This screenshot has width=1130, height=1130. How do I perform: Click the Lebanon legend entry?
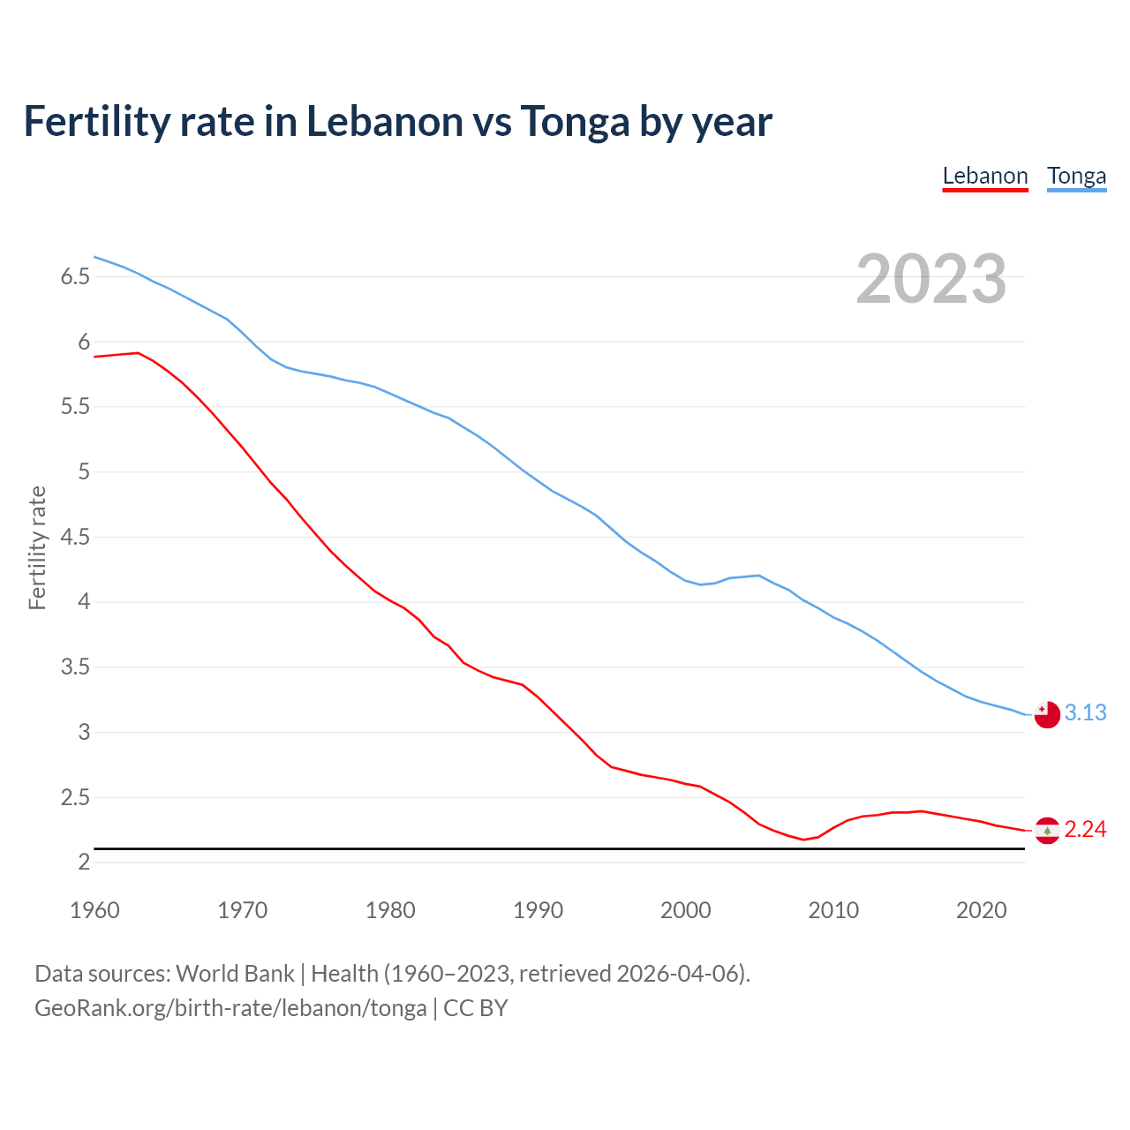985,176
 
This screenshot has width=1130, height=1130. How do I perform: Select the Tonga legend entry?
1076,176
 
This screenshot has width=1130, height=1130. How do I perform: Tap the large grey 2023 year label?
931,279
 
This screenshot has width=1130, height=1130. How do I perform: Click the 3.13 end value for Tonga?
1085,712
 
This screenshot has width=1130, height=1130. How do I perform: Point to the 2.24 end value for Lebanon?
1085,829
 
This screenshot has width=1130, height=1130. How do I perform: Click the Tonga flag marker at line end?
1047,714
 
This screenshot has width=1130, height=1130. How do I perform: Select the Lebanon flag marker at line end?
1047,830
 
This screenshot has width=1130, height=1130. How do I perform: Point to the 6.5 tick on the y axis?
75,277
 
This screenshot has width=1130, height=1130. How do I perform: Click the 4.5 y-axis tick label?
75,537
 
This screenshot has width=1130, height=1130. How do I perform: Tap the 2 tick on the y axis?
85,863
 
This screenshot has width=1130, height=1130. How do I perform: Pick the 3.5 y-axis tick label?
75,667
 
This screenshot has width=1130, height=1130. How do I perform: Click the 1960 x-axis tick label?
94,910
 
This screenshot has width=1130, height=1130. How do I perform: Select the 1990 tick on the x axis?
538,910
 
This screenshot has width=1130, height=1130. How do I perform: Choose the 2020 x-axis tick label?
981,910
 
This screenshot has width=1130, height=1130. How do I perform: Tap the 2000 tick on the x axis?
685,910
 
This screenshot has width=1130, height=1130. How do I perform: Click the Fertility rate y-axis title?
37,547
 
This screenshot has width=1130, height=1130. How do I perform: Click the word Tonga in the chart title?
575,122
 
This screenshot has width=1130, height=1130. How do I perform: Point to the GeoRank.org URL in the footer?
230,1007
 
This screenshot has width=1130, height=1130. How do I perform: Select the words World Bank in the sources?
235,974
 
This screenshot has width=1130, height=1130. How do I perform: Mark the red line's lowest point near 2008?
803,840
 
